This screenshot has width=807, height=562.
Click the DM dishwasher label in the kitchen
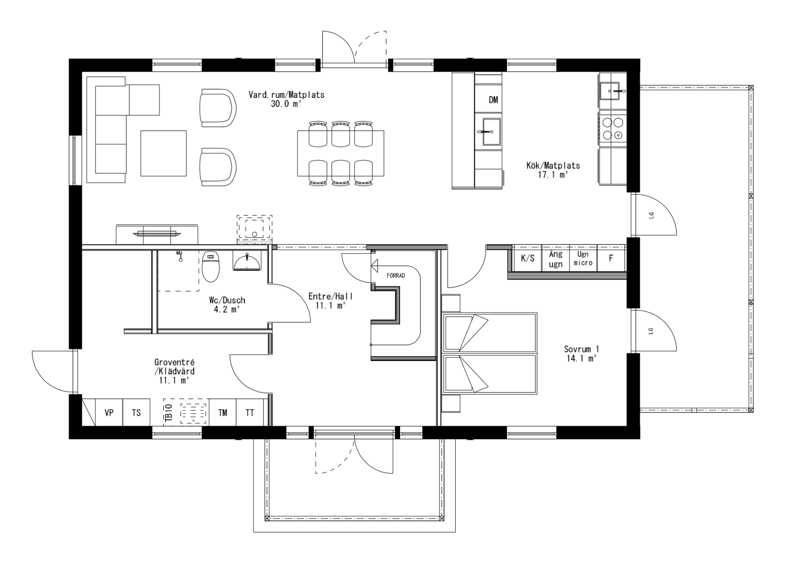[x=493, y=100]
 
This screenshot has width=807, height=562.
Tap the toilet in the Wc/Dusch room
[x=211, y=267]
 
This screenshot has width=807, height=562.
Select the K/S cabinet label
[x=527, y=258]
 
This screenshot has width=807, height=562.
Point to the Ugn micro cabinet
[x=583, y=259]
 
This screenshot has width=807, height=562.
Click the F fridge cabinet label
[x=610, y=259]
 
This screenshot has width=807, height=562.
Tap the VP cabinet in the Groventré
[x=109, y=413]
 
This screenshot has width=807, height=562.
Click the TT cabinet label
[x=250, y=413]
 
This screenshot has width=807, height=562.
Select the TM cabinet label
[x=222, y=413]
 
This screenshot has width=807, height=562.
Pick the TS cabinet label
[x=136, y=413]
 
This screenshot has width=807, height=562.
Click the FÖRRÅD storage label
[x=395, y=276]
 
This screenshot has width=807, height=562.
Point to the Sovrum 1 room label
[x=581, y=349]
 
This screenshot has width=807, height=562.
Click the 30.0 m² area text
[x=286, y=104]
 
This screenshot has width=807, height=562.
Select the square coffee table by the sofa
[x=163, y=154]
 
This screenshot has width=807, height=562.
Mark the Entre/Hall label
[x=330, y=296]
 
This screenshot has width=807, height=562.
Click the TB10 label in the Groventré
[x=169, y=413]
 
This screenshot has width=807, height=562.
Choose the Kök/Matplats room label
[x=553, y=165]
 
